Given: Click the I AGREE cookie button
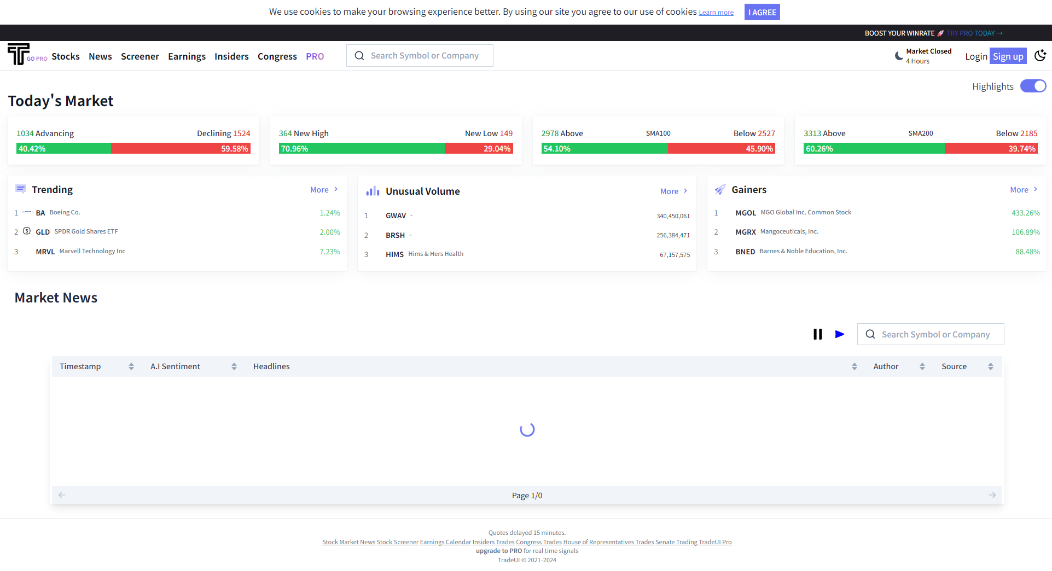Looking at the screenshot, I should [x=762, y=12].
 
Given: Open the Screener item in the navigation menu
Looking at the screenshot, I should [x=140, y=56].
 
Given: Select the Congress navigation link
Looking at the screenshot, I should [x=277, y=56].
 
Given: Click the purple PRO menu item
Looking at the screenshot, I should [x=315, y=56].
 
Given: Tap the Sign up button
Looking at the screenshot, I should [x=1007, y=56].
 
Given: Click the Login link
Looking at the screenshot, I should [x=975, y=56].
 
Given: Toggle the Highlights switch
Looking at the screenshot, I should [x=1032, y=86].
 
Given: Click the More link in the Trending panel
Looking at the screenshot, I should [x=323, y=190].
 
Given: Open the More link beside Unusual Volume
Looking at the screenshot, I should [x=673, y=191].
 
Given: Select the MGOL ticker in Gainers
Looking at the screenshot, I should [x=745, y=213].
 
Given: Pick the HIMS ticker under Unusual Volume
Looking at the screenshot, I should [x=394, y=254].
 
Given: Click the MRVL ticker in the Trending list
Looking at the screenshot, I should [x=45, y=252].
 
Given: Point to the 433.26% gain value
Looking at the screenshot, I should [x=1025, y=213].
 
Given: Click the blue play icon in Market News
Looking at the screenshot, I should [x=839, y=334].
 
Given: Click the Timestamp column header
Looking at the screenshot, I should [x=80, y=366].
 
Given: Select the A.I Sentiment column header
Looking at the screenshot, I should [x=175, y=366].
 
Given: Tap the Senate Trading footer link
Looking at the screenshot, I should [x=676, y=542].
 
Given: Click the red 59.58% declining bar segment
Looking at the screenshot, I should [x=181, y=149].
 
